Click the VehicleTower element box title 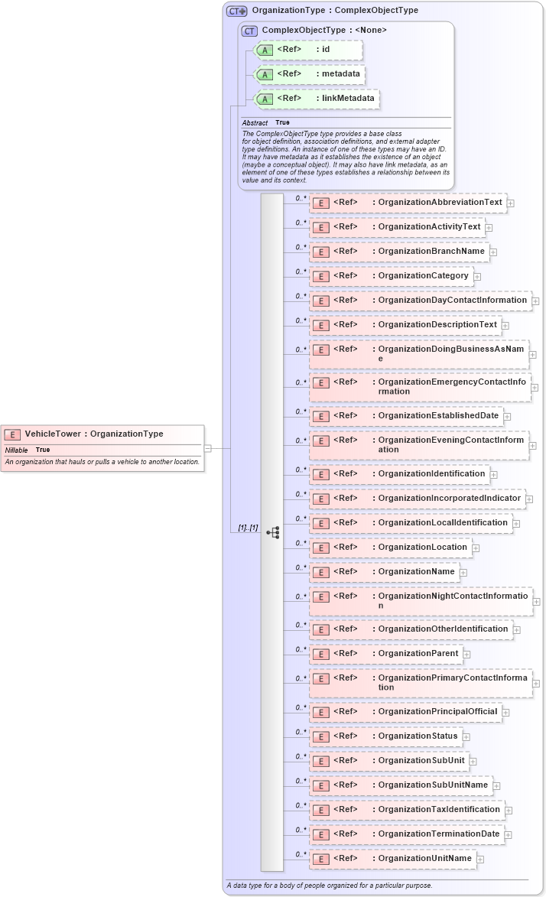pos(94,434)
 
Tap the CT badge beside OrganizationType pos(236,11)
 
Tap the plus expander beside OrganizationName pos(463,572)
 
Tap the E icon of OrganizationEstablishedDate pos(322,417)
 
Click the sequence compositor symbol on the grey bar pos(272,532)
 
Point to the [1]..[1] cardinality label pos(248,528)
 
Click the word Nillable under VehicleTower pos(16,450)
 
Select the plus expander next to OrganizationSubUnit pos(473,762)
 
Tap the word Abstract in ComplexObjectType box pos(255,122)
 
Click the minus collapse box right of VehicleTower pos(207,449)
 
